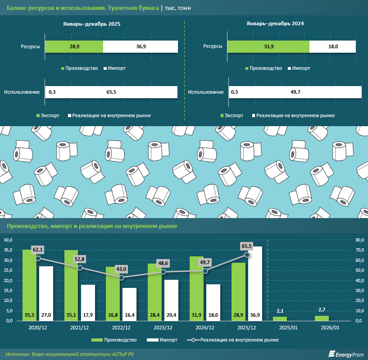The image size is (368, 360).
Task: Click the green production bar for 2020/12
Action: pos(29,285)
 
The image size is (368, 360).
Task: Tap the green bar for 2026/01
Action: pos(322,318)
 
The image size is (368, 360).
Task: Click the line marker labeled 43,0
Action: pos(122,278)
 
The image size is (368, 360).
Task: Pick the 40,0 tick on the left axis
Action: pos(8,240)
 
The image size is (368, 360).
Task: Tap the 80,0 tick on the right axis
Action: pos(360,240)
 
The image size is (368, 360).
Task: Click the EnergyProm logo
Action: pos(345,354)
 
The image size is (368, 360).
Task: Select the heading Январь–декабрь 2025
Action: pos(92,24)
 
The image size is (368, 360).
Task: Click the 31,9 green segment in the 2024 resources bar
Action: pos(268,46)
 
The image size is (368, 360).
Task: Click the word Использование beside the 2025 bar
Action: pos(22,92)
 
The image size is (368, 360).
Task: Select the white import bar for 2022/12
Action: pos(130,304)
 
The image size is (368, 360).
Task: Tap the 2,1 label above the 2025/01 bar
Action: pos(279,311)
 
